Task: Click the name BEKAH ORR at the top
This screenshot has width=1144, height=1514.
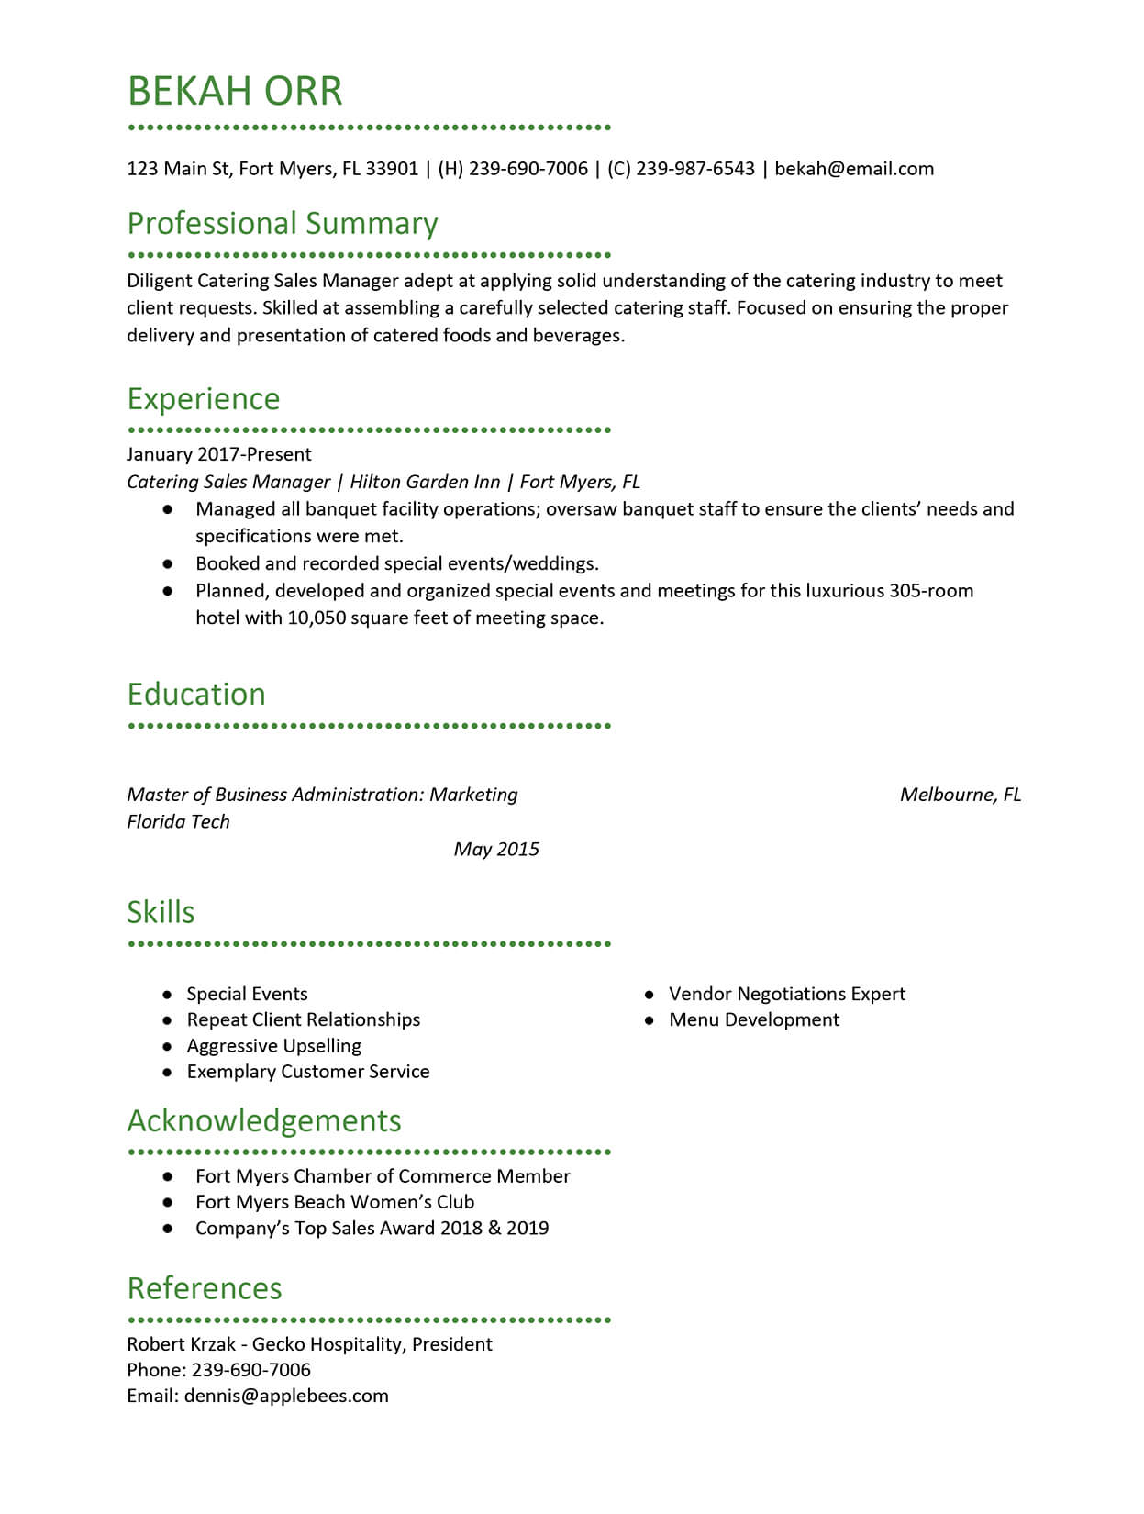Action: pyautogui.click(x=235, y=91)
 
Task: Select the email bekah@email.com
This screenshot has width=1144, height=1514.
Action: pyautogui.click(x=854, y=169)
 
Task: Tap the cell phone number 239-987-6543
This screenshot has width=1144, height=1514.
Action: pyautogui.click(x=695, y=169)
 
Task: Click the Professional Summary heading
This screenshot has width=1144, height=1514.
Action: pyautogui.click(x=283, y=224)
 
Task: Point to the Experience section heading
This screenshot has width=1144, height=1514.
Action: pyautogui.click(x=204, y=399)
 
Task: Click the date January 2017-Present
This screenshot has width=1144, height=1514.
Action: pyautogui.click(x=219, y=454)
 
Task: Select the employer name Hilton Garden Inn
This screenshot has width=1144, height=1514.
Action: pyautogui.click(x=425, y=482)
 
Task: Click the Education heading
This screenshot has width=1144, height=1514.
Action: pyautogui.click(x=196, y=695)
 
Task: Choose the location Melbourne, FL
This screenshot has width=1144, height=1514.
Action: pyautogui.click(x=960, y=795)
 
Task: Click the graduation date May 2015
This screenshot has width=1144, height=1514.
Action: pyautogui.click(x=496, y=849)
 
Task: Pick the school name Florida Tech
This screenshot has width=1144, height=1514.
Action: pyautogui.click(x=178, y=821)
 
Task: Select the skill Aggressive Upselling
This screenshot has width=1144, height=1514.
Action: pyautogui.click(x=273, y=1046)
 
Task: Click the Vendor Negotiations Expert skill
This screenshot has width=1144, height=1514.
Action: pyautogui.click(x=786, y=994)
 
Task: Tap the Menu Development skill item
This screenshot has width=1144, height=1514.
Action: pyautogui.click(x=753, y=1019)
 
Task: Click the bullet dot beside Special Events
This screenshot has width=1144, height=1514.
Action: pyautogui.click(x=167, y=995)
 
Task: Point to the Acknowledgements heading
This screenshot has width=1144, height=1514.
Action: pyautogui.click(x=264, y=1121)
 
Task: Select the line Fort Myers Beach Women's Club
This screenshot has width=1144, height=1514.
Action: pyautogui.click(x=335, y=1202)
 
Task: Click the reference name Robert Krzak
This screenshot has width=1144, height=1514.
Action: pyautogui.click(x=181, y=1344)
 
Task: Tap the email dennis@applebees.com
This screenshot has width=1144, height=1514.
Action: pyautogui.click(x=286, y=1396)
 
